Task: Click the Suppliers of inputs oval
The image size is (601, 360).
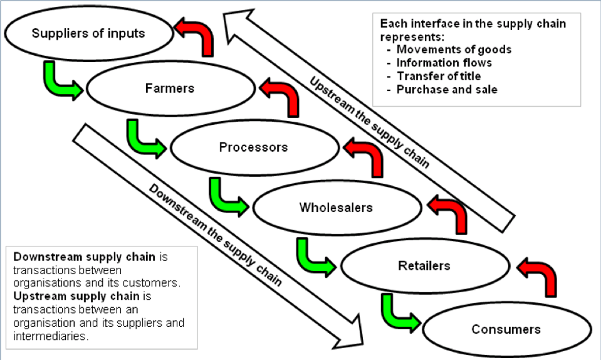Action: (88, 33)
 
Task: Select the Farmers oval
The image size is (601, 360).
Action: (170, 89)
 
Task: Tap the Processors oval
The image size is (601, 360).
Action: (254, 148)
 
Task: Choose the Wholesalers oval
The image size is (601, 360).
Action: (336, 208)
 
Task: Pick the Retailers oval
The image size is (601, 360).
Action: (424, 266)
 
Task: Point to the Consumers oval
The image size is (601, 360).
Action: (506, 329)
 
